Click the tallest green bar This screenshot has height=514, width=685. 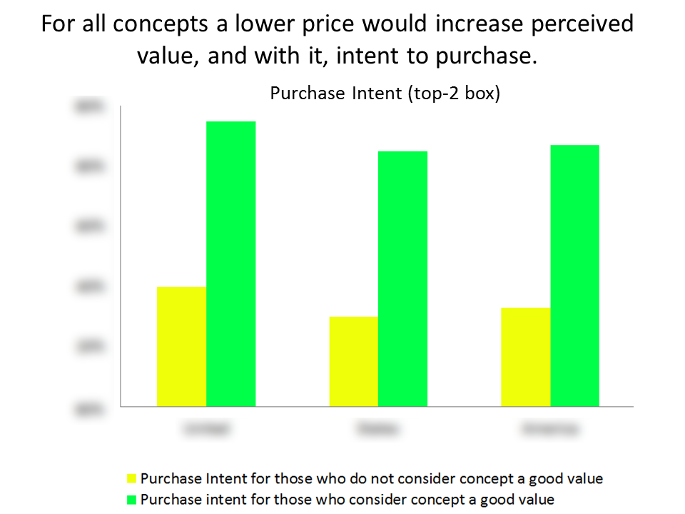tap(230, 263)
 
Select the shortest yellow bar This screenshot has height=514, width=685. tap(353, 361)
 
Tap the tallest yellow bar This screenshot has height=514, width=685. tap(181, 346)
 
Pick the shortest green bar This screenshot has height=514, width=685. tap(402, 278)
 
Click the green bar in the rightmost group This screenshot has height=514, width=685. tap(574, 276)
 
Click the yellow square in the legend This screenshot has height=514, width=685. tap(131, 478)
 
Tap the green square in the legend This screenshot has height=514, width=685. tap(131, 499)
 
